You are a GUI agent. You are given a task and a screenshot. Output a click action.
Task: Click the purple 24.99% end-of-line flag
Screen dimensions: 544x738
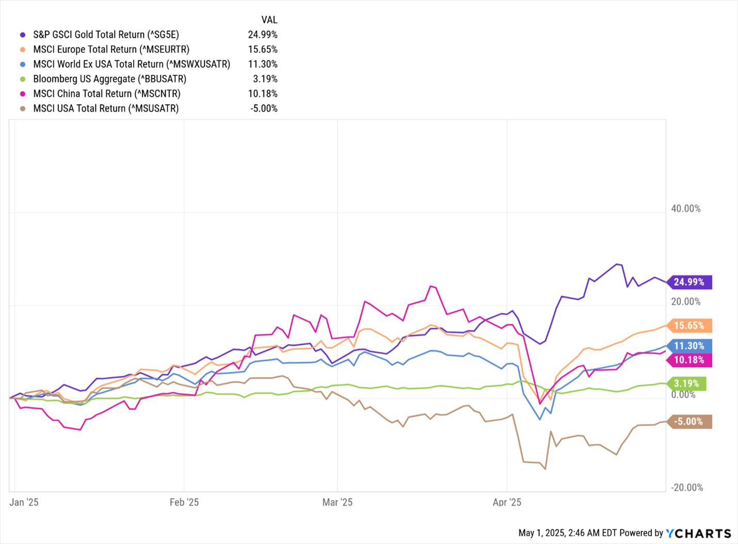[690, 282]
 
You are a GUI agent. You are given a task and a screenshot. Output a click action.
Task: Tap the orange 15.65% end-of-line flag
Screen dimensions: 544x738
[690, 326]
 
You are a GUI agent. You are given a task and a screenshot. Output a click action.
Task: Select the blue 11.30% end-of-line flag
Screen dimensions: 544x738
[690, 346]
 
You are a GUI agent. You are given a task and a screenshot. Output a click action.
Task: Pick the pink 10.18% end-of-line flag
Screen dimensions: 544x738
[690, 360]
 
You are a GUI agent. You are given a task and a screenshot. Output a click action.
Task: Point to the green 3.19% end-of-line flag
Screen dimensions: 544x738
[687, 383]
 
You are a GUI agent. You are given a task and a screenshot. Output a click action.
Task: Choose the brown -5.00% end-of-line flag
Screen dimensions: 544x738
[690, 422]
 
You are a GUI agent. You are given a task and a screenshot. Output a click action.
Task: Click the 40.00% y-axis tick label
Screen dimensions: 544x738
[685, 209]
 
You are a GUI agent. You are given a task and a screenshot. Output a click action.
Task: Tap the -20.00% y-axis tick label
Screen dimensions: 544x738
[686, 488]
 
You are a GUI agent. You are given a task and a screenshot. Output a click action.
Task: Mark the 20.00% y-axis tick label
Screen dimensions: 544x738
[685, 301]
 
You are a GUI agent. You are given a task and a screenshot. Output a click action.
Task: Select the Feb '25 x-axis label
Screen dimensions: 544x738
[184, 502]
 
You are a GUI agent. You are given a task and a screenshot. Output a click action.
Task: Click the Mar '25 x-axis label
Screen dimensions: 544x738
[337, 502]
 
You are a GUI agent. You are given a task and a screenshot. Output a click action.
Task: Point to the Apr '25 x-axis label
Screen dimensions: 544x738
[507, 502]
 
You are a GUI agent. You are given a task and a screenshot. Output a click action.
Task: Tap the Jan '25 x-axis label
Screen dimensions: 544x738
[24, 502]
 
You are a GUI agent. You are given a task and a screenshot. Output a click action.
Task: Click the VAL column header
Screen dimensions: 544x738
[269, 20]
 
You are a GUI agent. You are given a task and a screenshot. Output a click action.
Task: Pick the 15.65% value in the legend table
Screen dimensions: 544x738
[262, 50]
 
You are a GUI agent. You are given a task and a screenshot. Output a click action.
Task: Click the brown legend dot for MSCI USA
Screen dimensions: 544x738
[23, 108]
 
